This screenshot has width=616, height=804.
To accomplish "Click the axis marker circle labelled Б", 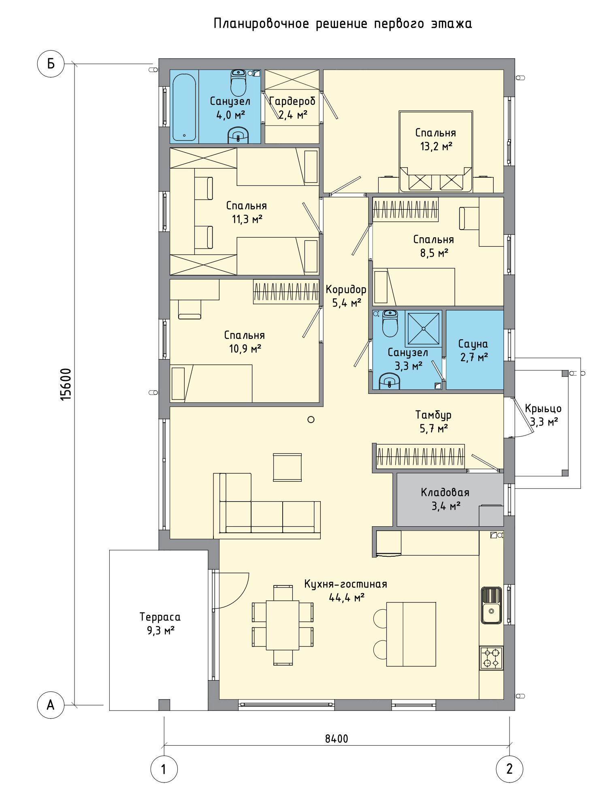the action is (51, 64).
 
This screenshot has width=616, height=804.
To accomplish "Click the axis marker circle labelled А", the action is (51, 705).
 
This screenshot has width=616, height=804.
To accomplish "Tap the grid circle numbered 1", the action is (164, 769).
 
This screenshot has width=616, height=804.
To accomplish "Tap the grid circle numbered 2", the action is (509, 769).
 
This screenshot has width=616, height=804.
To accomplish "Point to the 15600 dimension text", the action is (66, 385).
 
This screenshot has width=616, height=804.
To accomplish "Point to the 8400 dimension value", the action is (337, 739).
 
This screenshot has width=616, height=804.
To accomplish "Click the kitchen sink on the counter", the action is (491, 605).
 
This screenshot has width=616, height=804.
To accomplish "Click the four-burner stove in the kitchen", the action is (491, 658).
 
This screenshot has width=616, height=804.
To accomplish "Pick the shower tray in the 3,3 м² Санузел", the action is (423, 329).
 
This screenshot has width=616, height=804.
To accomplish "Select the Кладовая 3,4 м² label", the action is (445, 499).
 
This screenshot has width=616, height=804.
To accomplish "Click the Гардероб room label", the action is (292, 101).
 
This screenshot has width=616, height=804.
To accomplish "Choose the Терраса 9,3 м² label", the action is (160, 623).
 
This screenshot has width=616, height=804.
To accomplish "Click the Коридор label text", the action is (346, 289).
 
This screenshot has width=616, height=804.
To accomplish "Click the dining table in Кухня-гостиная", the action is (283, 625).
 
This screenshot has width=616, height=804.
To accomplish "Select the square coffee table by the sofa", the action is (288, 467).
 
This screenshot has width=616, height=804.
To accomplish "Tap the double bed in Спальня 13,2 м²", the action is (436, 151).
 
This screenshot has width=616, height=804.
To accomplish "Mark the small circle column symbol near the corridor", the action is (311, 419).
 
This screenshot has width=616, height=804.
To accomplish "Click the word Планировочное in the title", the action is (261, 24).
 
